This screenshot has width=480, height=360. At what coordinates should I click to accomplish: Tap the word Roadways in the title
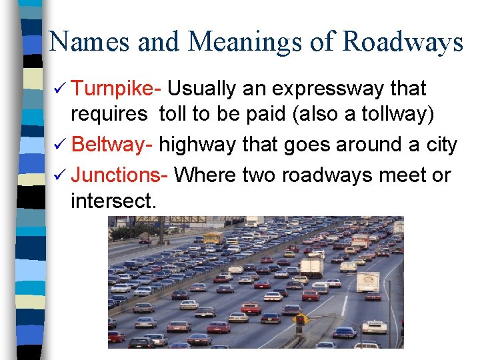403,42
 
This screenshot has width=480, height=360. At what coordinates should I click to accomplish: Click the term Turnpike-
117,89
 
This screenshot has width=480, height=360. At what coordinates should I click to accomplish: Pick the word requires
109,115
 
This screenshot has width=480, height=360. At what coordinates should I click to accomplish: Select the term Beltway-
113,145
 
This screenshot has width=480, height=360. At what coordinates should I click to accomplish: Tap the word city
441,145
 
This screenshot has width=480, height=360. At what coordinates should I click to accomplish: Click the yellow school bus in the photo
213,237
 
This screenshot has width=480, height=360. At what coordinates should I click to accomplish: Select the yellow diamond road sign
301,319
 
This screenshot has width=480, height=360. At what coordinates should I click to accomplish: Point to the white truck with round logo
367,281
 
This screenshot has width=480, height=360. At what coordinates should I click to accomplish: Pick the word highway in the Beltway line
197,145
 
